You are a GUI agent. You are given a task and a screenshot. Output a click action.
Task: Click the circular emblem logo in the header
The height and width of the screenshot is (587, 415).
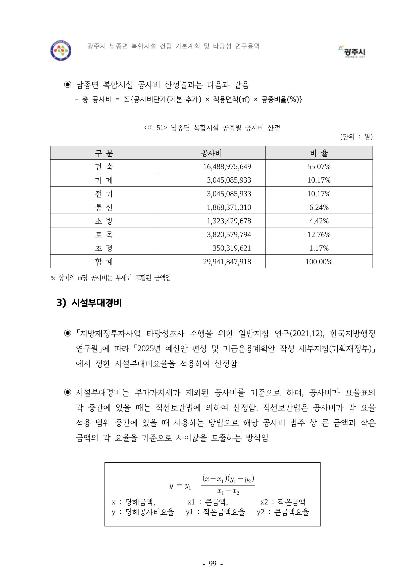[x=61, y=50]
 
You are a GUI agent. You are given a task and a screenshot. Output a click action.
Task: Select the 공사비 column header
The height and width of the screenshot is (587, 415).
[x=211, y=153]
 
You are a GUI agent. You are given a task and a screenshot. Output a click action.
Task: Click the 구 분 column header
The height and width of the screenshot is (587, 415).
[x=104, y=153]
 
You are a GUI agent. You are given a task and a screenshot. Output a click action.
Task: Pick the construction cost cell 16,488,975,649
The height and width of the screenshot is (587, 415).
[x=227, y=167]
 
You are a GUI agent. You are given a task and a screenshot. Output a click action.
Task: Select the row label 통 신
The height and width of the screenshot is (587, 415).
[x=104, y=207]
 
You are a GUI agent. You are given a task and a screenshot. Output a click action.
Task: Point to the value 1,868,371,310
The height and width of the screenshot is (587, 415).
[x=229, y=207]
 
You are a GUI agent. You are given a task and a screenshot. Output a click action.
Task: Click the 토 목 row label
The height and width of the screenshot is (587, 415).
[x=104, y=234]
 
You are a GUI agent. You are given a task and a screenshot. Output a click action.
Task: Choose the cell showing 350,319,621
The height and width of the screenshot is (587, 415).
[x=232, y=248]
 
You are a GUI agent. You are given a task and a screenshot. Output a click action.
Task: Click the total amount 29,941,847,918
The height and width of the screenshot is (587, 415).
[x=227, y=262]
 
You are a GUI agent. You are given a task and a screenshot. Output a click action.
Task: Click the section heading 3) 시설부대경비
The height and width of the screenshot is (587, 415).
[x=89, y=303]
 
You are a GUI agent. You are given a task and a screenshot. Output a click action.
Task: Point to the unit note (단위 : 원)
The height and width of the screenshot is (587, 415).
[x=356, y=137]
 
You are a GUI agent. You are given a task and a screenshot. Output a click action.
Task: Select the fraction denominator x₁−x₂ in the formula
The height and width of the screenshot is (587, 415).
[x=228, y=491]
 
